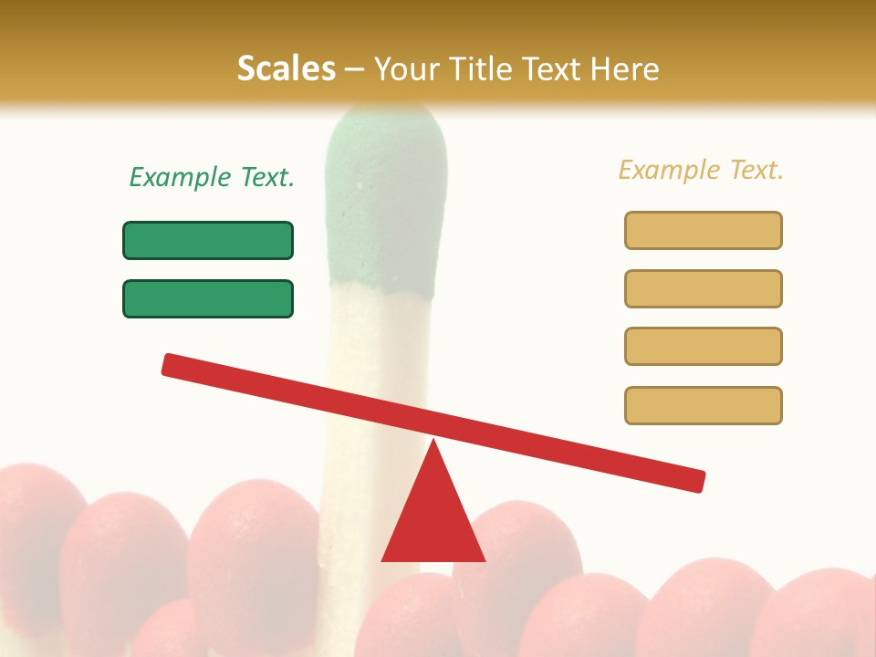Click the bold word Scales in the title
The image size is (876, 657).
(286, 68)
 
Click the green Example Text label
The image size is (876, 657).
(212, 177)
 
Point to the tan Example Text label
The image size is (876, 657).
(701, 170)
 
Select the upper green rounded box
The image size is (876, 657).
(208, 240)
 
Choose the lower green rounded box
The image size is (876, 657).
(208, 298)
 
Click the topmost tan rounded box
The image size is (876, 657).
(703, 230)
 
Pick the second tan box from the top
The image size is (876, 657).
(703, 288)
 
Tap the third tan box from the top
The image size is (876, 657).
(703, 346)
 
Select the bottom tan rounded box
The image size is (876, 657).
(703, 405)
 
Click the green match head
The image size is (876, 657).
(386, 201)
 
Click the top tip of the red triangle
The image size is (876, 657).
(433, 443)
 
